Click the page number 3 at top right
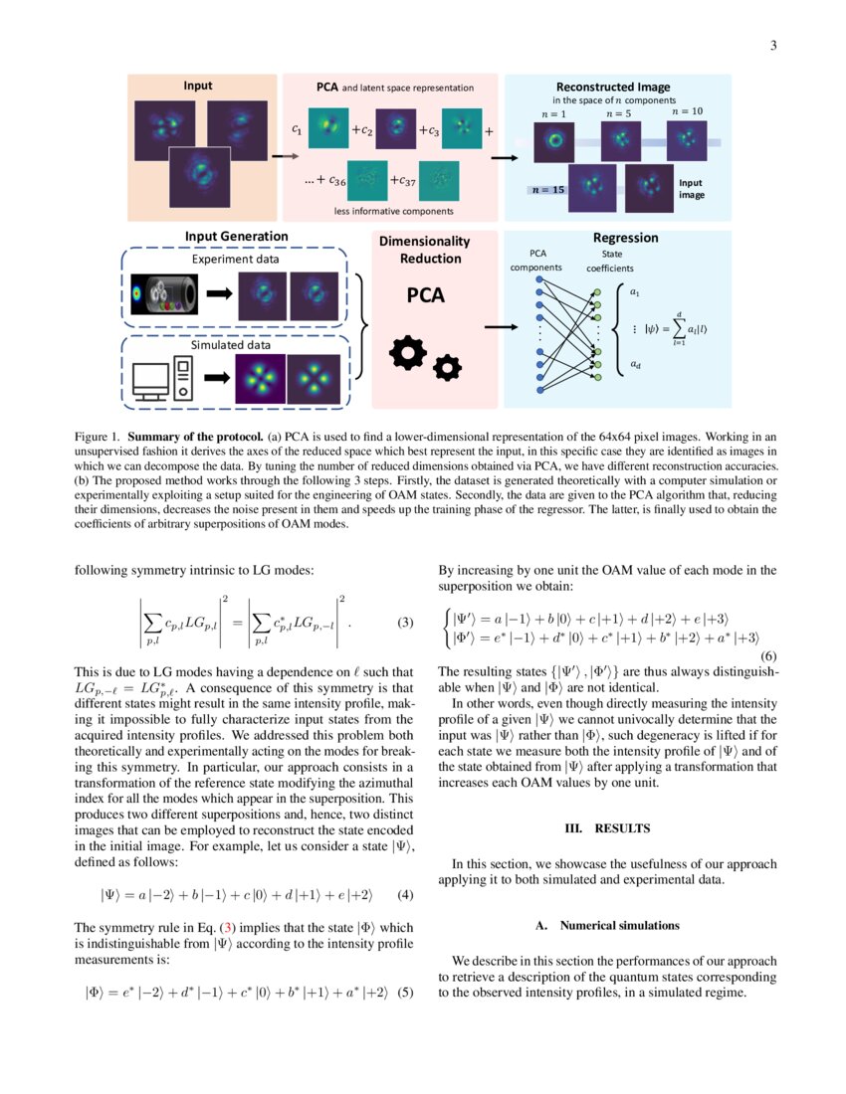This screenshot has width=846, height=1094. coord(772,45)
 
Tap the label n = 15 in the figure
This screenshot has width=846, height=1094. coord(545,189)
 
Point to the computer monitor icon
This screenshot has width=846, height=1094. coord(152,379)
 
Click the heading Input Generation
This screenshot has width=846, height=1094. coord(237,236)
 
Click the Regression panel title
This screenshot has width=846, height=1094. coord(625,238)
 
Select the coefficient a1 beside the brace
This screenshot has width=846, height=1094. coord(635,291)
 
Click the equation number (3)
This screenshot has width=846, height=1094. coord(405,624)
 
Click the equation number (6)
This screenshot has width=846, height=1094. coord(768,656)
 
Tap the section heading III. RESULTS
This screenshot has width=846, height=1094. coord(607,827)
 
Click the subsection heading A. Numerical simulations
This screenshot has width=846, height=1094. coord(607,926)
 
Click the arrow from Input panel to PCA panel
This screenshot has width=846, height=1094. coord(284,156)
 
